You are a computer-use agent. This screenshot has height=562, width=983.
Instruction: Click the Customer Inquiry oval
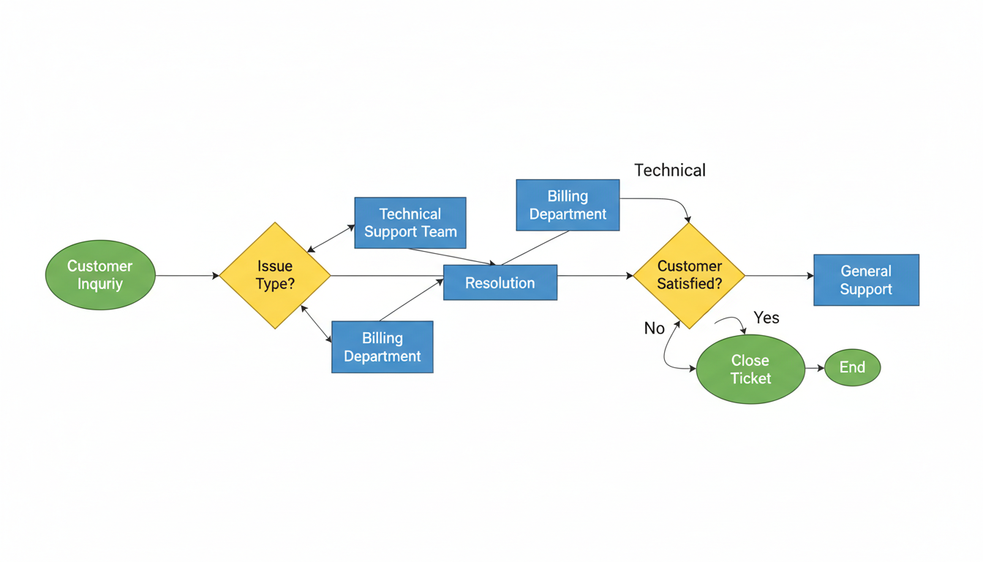[100, 275]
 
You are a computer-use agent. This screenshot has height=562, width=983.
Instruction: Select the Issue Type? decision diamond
[275, 275]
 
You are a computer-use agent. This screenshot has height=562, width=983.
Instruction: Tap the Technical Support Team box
[410, 222]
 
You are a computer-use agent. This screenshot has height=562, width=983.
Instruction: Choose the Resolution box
[500, 282]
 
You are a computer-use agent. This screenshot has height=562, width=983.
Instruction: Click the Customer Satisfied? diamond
[689, 275]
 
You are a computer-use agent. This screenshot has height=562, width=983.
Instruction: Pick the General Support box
[866, 280]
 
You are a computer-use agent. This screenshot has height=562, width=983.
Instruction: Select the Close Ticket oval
[750, 369]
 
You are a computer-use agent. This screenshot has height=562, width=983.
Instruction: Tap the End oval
[852, 367]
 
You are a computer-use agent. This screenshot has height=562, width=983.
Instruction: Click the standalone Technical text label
[670, 171]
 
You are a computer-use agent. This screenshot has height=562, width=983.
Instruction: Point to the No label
[654, 329]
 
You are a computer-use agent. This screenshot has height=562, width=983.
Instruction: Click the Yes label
[767, 318]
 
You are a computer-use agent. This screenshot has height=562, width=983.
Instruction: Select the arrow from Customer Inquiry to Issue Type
[187, 276]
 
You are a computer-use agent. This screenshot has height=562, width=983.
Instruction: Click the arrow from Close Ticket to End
[815, 368]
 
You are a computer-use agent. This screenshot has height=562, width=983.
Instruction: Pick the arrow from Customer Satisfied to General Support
[779, 276]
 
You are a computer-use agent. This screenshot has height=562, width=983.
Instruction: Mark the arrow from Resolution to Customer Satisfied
[595, 276]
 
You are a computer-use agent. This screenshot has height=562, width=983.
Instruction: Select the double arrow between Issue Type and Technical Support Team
[331, 239]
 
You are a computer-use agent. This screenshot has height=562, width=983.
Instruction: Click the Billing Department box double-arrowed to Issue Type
[383, 347]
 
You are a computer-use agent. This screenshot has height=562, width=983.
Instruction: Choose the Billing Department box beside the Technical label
[568, 205]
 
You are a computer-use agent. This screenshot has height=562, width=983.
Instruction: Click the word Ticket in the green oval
[750, 378]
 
